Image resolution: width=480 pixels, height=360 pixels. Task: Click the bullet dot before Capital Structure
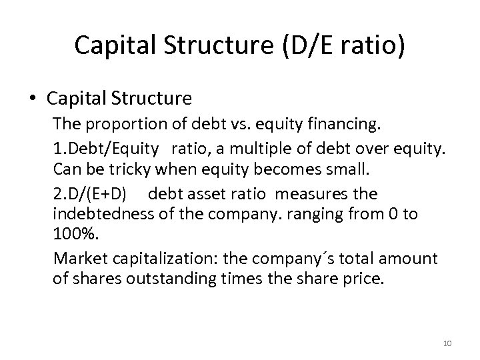coord(33,99)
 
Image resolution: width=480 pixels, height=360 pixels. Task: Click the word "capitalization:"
coord(157,259)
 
